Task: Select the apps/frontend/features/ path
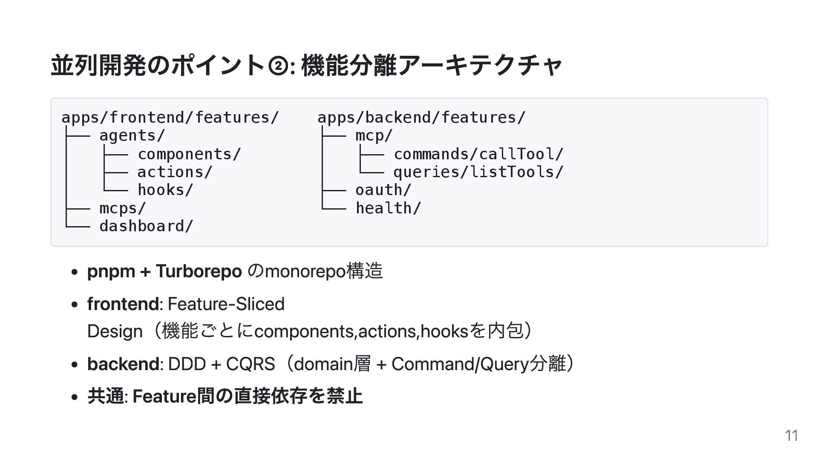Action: point(170,117)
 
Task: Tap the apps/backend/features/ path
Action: point(422,117)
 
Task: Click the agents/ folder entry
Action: point(132,135)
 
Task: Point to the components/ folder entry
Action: point(189,154)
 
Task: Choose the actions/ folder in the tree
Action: point(175,172)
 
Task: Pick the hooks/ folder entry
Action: point(165,190)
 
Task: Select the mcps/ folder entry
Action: point(123,208)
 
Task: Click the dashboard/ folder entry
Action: point(146,226)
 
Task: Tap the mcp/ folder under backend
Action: point(374,135)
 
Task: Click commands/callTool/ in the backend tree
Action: point(478,154)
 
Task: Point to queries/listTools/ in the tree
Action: point(478,172)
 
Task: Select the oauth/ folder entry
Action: point(383,190)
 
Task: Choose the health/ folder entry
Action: point(388,208)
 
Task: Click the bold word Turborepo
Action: point(199,271)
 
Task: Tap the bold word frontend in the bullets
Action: point(123,304)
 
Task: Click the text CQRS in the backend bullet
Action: point(250,364)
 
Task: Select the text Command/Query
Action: point(460,364)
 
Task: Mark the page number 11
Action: point(791,436)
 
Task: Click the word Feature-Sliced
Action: point(226,304)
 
